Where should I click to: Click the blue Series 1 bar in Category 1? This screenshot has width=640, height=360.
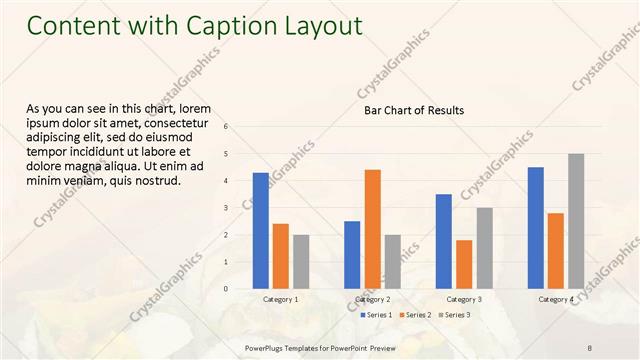point(260,231)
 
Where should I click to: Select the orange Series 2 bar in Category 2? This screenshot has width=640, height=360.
point(372,229)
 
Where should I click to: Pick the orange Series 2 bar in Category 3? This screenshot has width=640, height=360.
point(464,264)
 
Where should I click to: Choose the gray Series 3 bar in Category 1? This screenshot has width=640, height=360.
point(301,262)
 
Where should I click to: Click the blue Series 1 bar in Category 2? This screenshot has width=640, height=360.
point(352,255)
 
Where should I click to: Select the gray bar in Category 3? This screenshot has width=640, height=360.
point(484,248)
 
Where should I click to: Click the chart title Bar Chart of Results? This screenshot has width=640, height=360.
point(413,110)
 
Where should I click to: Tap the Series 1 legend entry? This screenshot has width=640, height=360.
point(375,315)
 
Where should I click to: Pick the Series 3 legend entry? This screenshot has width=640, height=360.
point(454,315)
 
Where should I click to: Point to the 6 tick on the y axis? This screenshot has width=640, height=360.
point(226,127)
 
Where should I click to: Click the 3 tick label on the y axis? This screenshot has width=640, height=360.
point(226,208)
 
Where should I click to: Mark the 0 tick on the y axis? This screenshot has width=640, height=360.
point(226,289)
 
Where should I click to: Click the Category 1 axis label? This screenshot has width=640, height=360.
point(280,299)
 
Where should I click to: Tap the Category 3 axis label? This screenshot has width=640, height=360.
point(464,299)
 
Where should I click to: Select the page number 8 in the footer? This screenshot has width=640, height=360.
point(590,346)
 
